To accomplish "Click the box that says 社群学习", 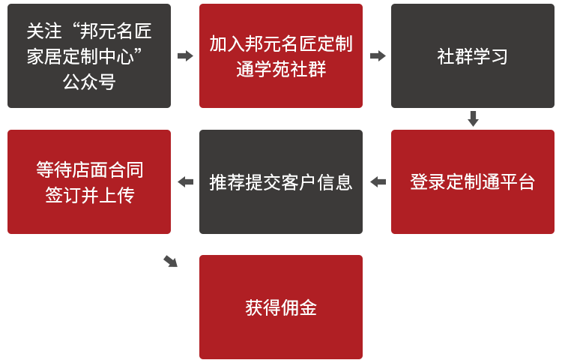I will (x=472, y=56).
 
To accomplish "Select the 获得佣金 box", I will (x=280, y=307).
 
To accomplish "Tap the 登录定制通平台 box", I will (x=472, y=181).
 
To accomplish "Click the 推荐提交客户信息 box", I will (x=280, y=181).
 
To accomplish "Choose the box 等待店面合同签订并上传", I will (x=89, y=181).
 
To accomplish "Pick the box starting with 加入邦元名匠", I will (x=280, y=56).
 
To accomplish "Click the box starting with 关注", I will (x=89, y=56).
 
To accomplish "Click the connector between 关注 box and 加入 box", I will (x=185, y=56).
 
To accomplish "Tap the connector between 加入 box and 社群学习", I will (x=378, y=56).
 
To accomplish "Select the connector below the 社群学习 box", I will (x=473, y=118).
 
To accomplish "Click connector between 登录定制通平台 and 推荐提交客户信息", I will (x=378, y=182).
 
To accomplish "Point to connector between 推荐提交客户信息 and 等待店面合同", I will (x=185, y=182).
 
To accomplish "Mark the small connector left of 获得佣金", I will (x=170, y=261).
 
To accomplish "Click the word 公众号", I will (x=89, y=82).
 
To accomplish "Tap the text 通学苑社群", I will (x=280, y=70).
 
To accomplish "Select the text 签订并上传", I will (x=89, y=195).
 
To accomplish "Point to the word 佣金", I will (x=298, y=307).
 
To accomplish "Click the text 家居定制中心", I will (x=82, y=56).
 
